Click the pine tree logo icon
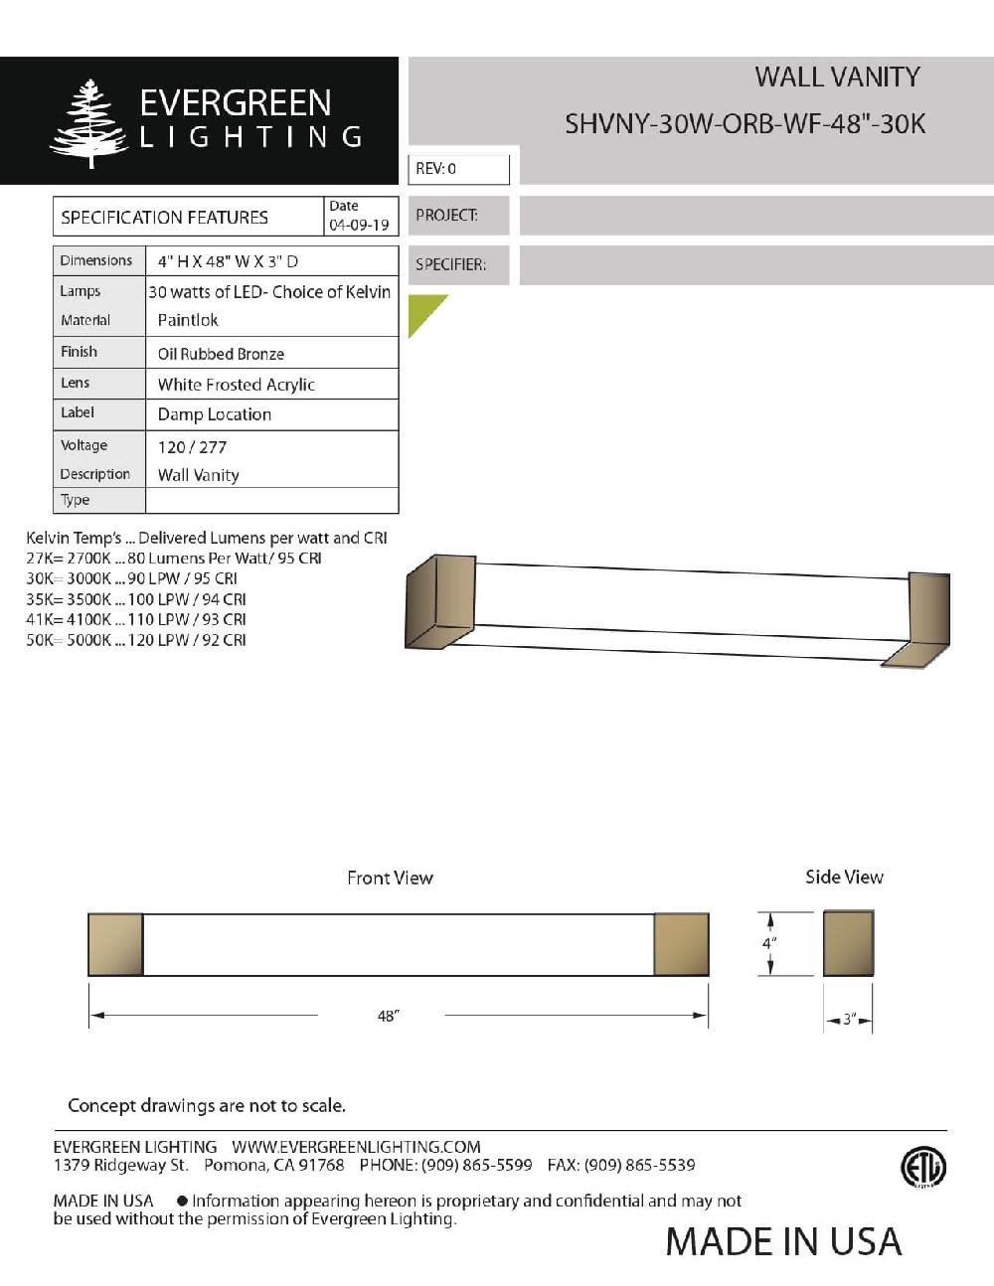tap(88, 123)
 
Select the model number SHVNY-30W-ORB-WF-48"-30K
tap(745, 124)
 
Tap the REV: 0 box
tap(458, 169)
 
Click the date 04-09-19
tap(359, 226)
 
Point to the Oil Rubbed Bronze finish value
tap(221, 354)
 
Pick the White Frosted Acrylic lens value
tap(236, 385)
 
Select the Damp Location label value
tap(214, 414)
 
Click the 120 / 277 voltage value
tap(192, 447)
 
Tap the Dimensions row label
tap(95, 260)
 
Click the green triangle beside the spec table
tap(422, 311)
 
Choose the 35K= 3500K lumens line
tap(136, 599)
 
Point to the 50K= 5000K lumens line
tap(136, 640)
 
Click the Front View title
tap(390, 878)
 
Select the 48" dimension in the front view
tap(388, 1016)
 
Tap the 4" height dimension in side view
tap(769, 943)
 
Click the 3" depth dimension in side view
tap(849, 1020)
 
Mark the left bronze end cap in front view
tap(115, 944)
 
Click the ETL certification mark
tap(922, 1168)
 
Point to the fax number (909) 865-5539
tap(639, 1165)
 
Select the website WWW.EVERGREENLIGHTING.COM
tap(356, 1147)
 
